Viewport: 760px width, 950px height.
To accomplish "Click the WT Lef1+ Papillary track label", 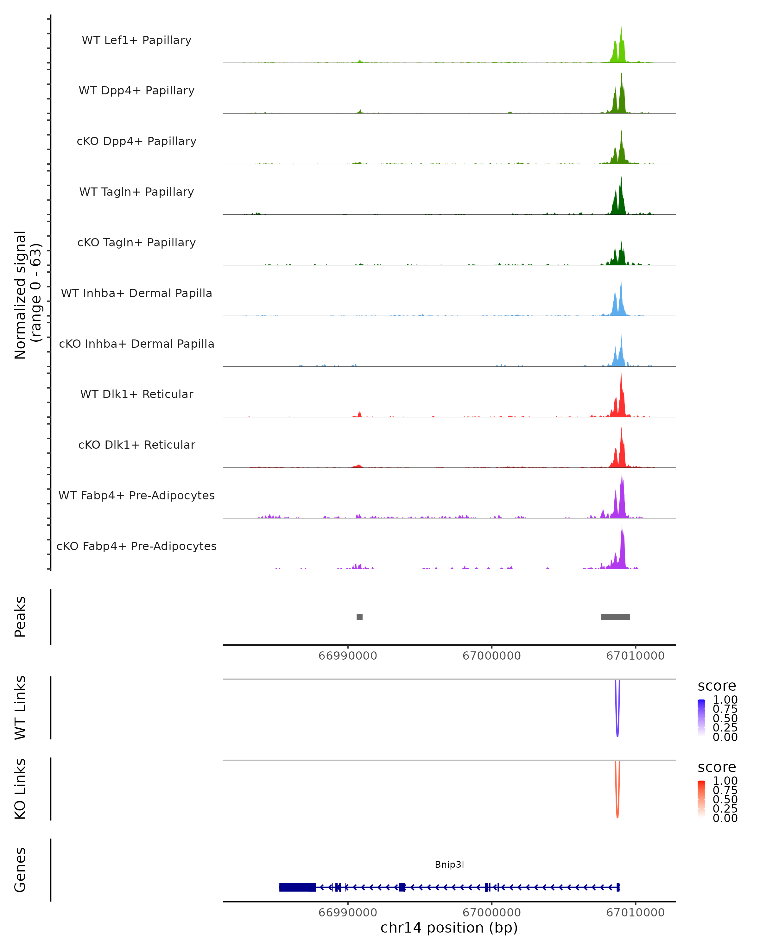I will tap(136, 40).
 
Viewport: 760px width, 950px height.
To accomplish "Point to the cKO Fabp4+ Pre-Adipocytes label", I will tap(136, 546).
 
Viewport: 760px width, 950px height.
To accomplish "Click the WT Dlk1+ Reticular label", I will tap(136, 394).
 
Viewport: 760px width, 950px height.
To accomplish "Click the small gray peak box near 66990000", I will tap(359, 617).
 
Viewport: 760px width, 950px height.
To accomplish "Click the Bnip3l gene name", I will tap(449, 864).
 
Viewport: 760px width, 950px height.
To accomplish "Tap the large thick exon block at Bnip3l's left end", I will tap(297, 887).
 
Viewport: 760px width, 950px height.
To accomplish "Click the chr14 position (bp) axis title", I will tap(449, 928).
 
